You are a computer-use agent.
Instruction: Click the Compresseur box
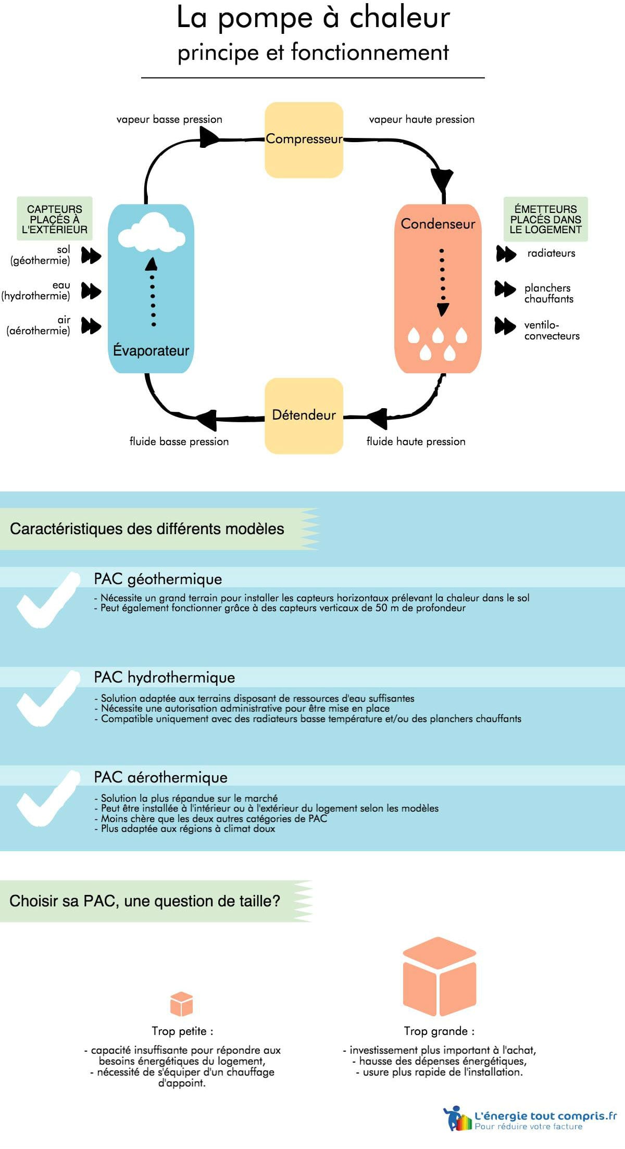click(x=304, y=140)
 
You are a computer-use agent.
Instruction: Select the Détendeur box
click(x=304, y=415)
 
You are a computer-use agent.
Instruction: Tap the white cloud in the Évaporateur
click(x=151, y=231)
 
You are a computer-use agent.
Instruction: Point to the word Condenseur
click(x=438, y=224)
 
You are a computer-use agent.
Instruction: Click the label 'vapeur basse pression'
click(x=169, y=119)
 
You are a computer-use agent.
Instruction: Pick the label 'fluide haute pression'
click(x=416, y=441)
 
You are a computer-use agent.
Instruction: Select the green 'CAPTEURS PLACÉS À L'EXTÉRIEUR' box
click(x=55, y=219)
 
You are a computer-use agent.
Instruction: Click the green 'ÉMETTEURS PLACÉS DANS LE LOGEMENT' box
click(x=545, y=219)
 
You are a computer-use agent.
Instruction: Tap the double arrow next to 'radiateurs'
click(x=506, y=254)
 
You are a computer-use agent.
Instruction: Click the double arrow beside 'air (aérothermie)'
click(x=91, y=326)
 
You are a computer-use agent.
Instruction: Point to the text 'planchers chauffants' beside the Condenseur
click(x=548, y=293)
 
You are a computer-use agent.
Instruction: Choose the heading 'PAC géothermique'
click(x=158, y=579)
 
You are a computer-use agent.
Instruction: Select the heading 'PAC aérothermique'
click(x=160, y=777)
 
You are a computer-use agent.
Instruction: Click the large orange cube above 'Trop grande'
click(x=440, y=976)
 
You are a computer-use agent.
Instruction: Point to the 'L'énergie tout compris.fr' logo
click(x=530, y=1118)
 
